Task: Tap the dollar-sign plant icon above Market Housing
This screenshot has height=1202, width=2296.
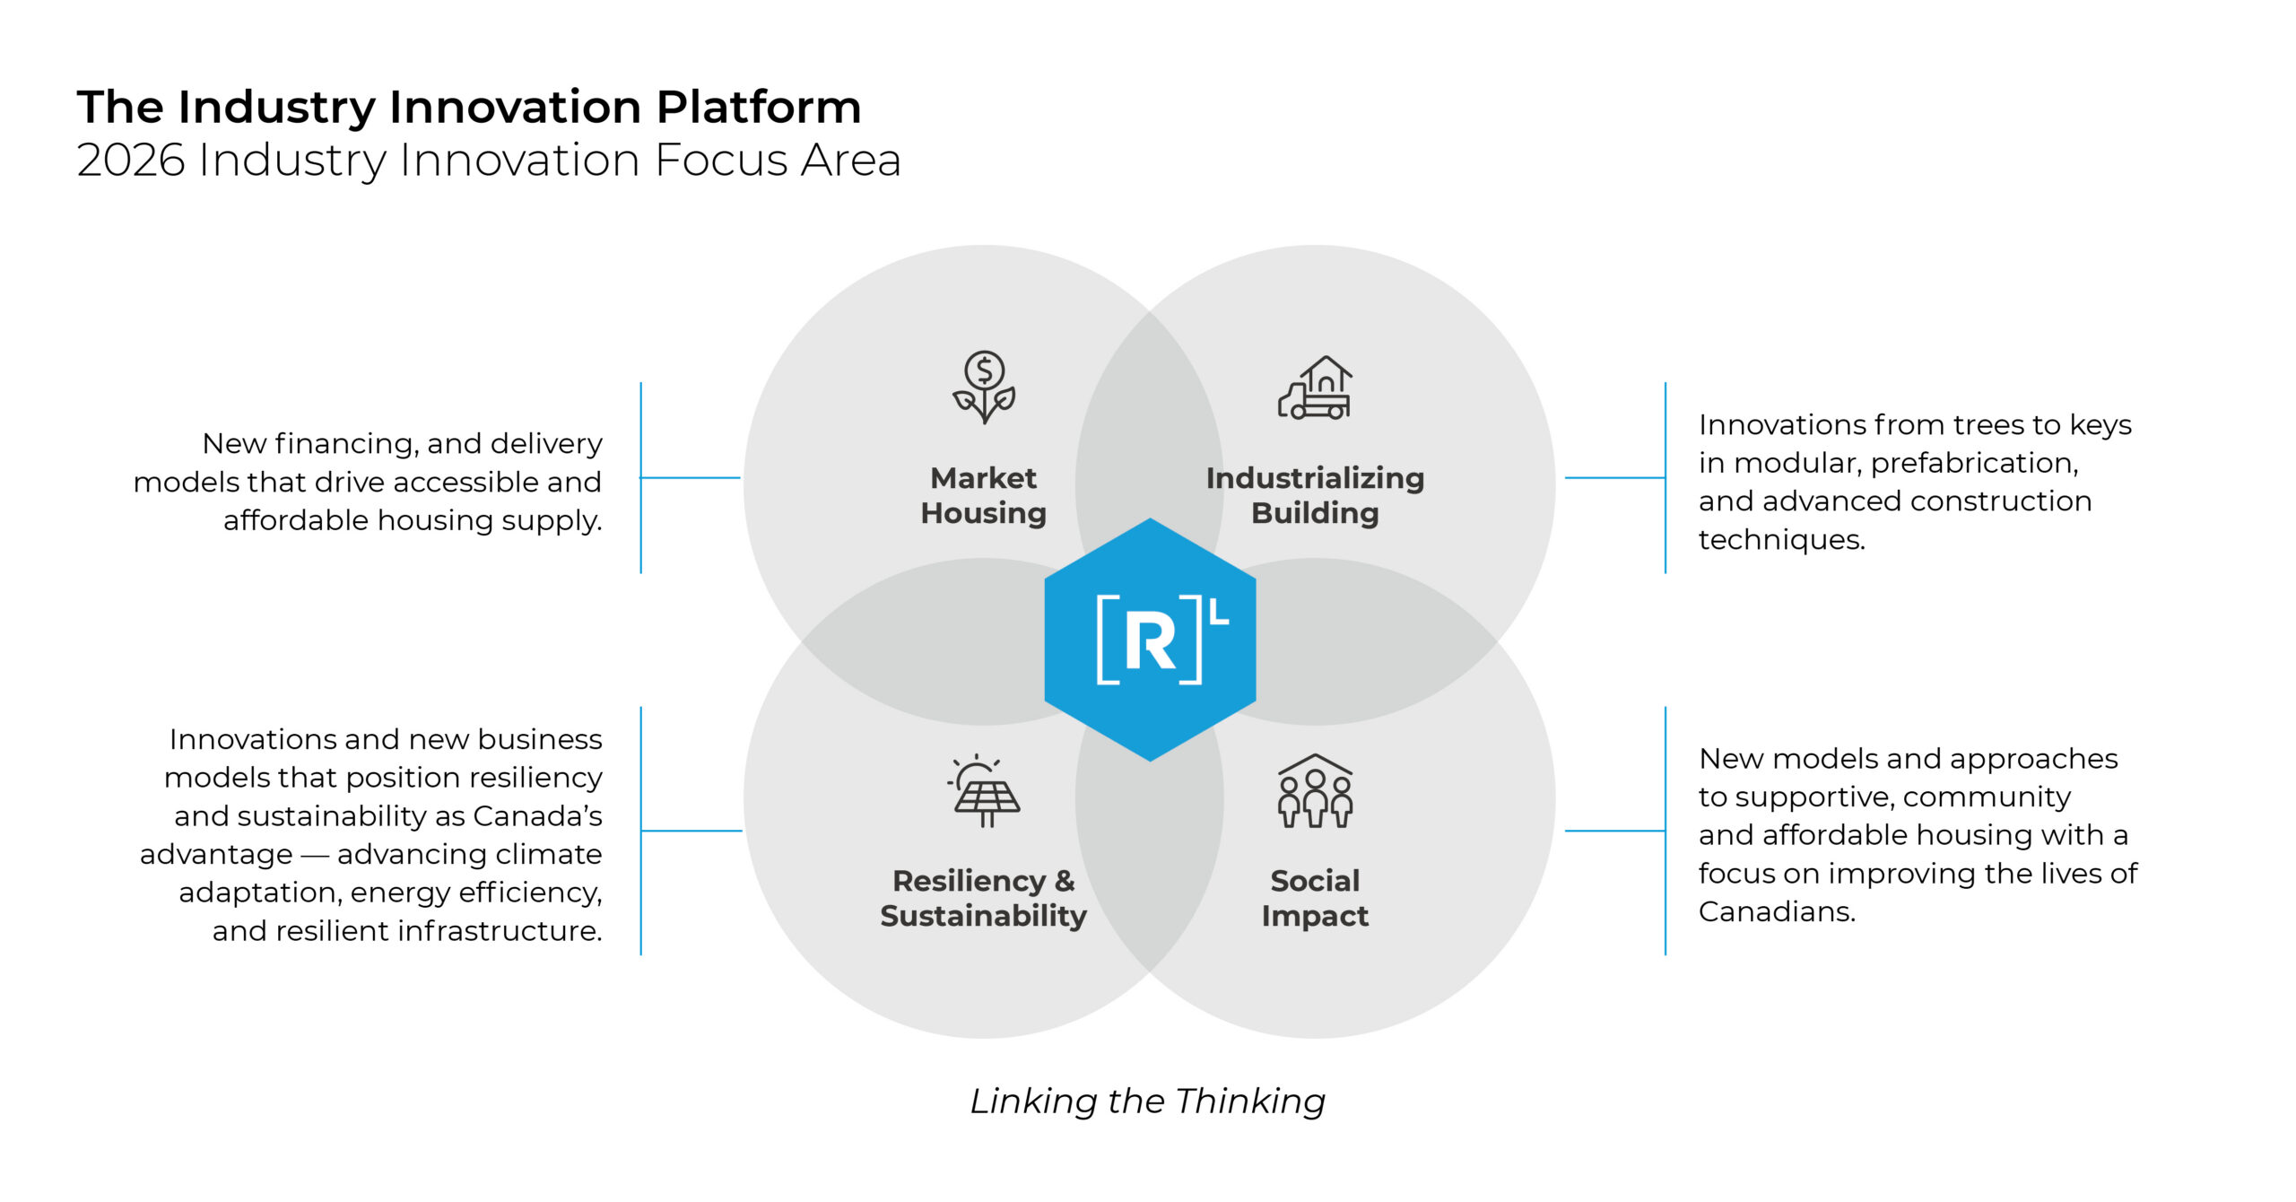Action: pos(984,387)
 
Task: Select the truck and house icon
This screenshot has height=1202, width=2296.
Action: pos(1315,388)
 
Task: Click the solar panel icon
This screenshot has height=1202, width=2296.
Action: pos(985,790)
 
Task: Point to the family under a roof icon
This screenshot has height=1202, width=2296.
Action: pos(1315,790)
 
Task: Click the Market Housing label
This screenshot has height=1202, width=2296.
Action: pos(984,495)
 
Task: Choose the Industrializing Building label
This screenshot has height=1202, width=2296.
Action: pos(1315,495)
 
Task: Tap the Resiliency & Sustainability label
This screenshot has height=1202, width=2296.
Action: pos(984,898)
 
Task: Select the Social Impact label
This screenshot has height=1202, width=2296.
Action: pos(1315,898)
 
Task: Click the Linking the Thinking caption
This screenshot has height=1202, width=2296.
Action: pos(1148,1101)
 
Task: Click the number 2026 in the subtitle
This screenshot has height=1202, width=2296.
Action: pos(131,161)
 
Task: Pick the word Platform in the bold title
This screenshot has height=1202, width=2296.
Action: pos(759,107)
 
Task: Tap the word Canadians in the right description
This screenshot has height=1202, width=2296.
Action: pos(1776,912)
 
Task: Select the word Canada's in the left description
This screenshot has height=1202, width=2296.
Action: pos(537,816)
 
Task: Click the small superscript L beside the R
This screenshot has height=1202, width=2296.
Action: pos(1219,612)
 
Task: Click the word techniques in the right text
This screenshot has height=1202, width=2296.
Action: pos(1781,540)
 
